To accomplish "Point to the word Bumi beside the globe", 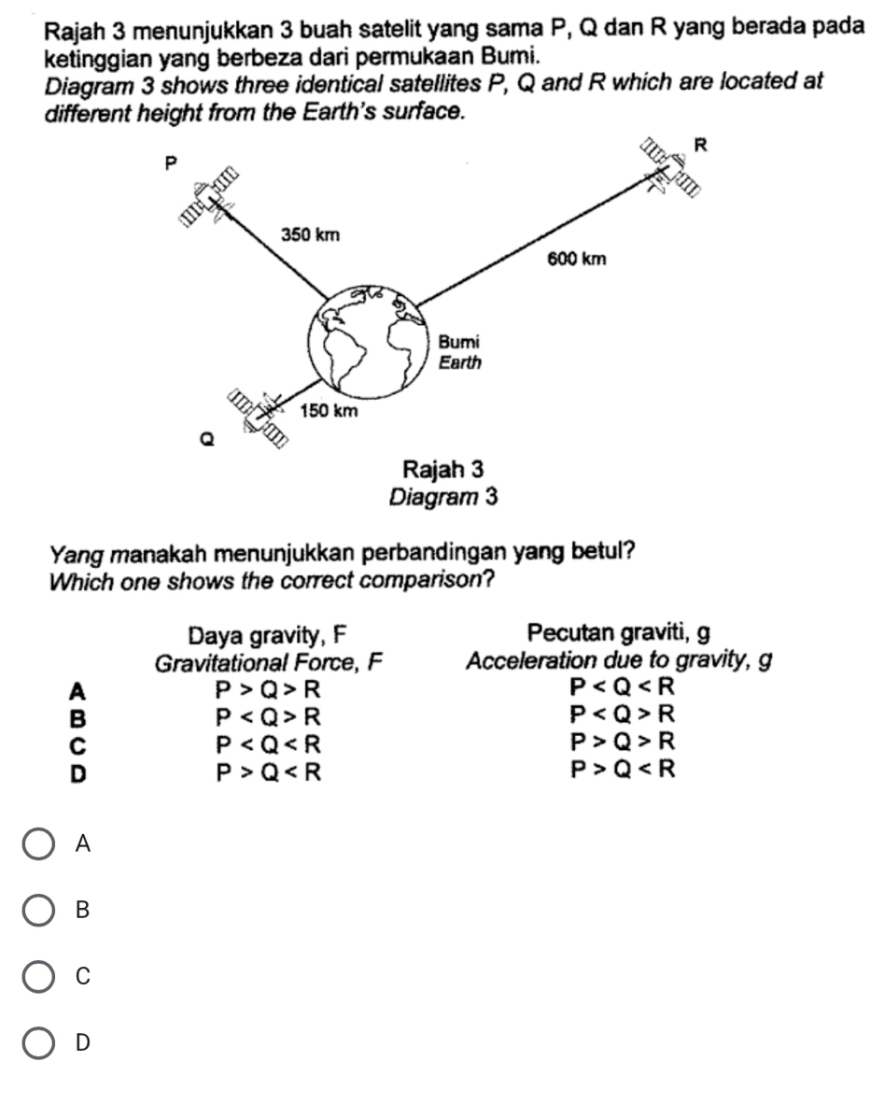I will [x=459, y=343].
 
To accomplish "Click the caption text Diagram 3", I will [x=443, y=495].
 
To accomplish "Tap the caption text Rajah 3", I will [x=443, y=467].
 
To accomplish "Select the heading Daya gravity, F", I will [x=268, y=636].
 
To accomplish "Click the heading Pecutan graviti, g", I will [x=618, y=634].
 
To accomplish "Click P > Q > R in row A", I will [x=268, y=691].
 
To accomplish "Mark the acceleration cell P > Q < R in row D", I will [x=621, y=771].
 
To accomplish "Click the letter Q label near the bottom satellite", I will [x=208, y=437].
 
